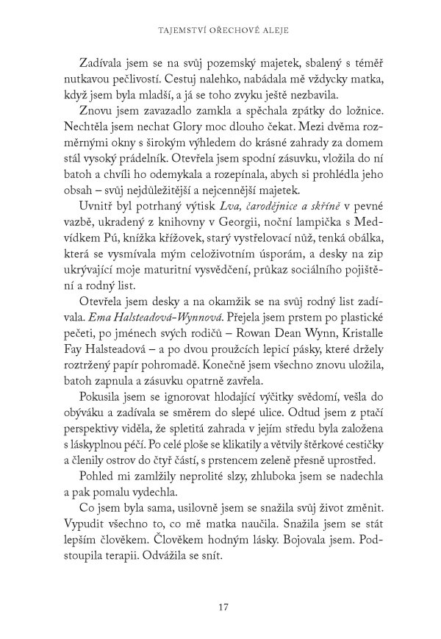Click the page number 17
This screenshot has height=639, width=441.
[x=225, y=586]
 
